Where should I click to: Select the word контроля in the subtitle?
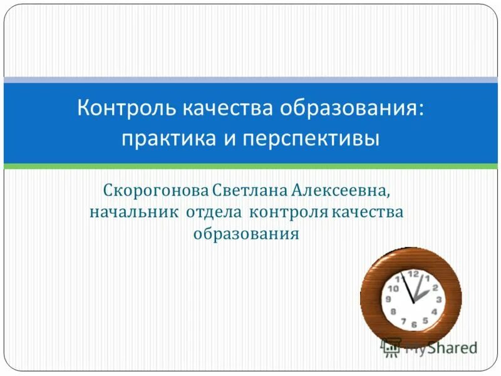tap(287, 212)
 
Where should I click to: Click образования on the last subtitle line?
tap(245, 234)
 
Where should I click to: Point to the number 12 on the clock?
tap(413, 274)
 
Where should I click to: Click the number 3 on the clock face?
tap(439, 300)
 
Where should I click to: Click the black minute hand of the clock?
tap(408, 289)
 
